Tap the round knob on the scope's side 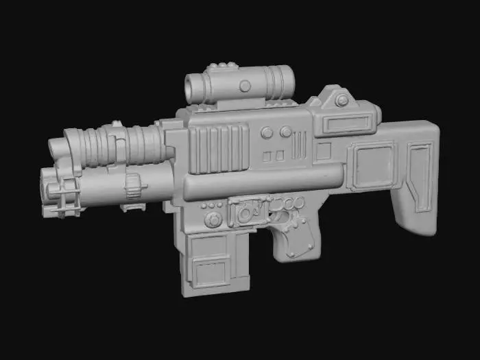click(x=245, y=86)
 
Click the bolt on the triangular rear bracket click(x=341, y=101)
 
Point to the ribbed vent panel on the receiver click(x=219, y=147)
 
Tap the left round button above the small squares click(x=267, y=132)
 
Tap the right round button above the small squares click(x=284, y=132)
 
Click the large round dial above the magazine click(x=214, y=220)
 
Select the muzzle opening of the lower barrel click(x=47, y=184)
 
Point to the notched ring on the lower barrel click(x=133, y=184)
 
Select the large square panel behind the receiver click(x=371, y=165)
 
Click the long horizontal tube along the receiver click(x=261, y=180)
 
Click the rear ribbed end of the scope click(x=280, y=80)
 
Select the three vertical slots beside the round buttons click(x=300, y=145)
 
